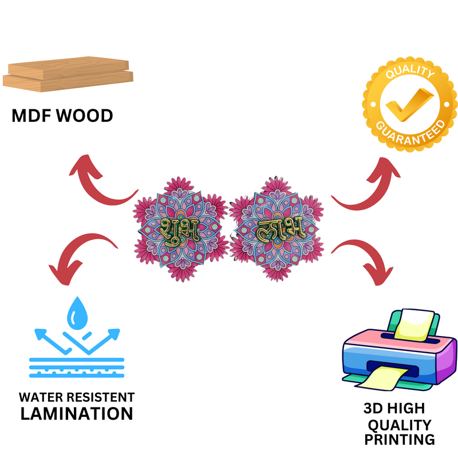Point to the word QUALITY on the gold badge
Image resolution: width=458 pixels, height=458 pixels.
410,73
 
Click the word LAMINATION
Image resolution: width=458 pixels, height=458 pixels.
77,413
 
